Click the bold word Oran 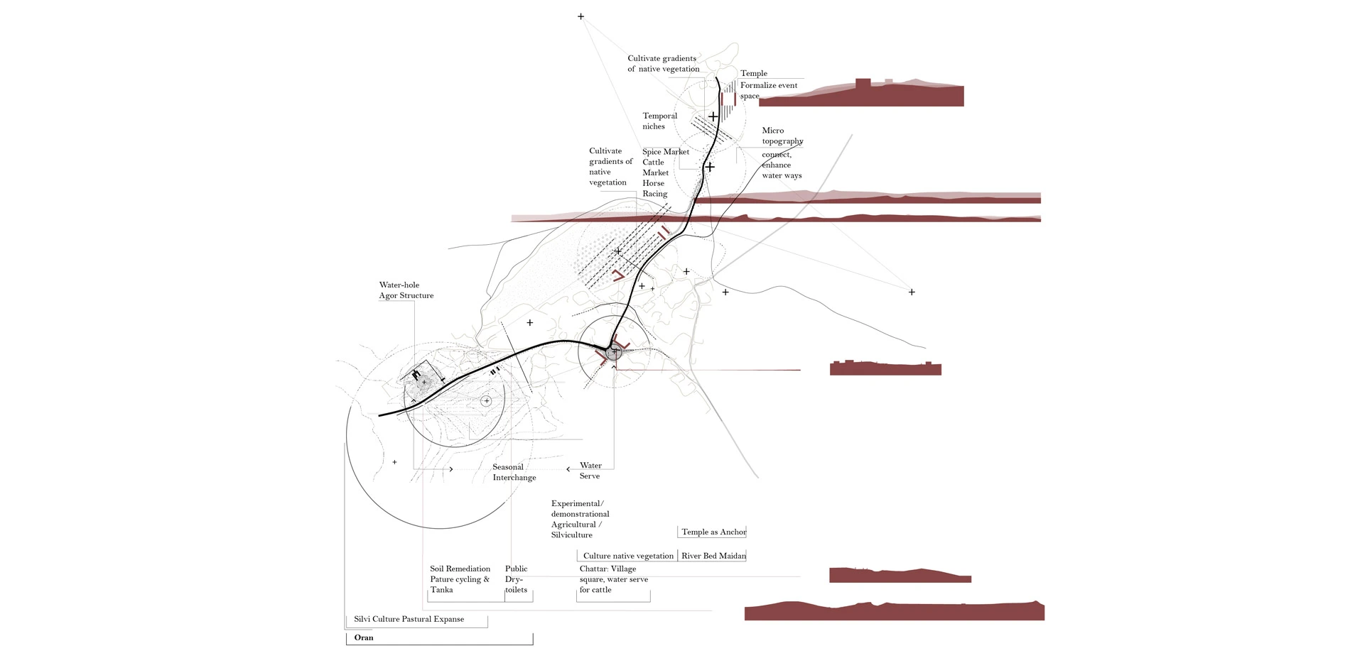pos(364,637)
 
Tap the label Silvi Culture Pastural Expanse pos(409,619)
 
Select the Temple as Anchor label pos(713,532)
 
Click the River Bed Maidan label pos(713,556)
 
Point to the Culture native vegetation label pos(628,556)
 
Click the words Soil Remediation pos(460,569)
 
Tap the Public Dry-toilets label pos(517,579)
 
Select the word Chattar pos(593,569)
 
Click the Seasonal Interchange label pos(514,472)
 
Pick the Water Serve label pos(590,471)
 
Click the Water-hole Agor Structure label pos(406,290)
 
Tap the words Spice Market pos(666,152)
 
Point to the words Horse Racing pos(654,188)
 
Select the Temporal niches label pos(659,121)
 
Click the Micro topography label pos(782,136)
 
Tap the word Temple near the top pos(753,73)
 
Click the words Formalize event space pos(768,90)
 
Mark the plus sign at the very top pos(580,16)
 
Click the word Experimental pos(576,503)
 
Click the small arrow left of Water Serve pos(568,469)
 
